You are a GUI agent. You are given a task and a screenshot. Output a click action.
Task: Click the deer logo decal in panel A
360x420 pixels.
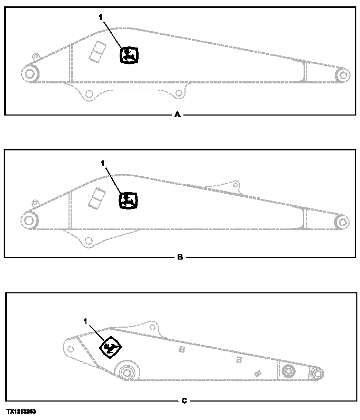tap(129, 55)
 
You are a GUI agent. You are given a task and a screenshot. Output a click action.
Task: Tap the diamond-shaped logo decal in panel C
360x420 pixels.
tap(111, 347)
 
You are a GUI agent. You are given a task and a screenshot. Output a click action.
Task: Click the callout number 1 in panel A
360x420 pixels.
tap(100, 17)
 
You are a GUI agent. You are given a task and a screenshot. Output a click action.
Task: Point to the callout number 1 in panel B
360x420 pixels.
tap(103, 163)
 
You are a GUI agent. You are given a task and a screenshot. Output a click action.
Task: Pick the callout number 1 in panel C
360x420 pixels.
tap(86, 320)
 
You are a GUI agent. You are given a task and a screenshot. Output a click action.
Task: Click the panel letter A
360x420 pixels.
tap(177, 114)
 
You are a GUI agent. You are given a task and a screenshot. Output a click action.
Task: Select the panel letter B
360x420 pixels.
tap(180, 257)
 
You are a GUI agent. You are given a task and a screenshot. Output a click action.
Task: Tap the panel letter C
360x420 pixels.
tap(184, 401)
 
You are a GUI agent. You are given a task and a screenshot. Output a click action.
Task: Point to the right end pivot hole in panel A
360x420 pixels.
tap(343, 75)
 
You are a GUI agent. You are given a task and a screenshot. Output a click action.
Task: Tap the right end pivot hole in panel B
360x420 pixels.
tap(343, 221)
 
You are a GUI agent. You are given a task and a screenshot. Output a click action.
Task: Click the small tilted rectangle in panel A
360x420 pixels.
tap(96, 52)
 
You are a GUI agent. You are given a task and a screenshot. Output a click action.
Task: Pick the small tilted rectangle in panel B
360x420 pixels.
tap(96, 197)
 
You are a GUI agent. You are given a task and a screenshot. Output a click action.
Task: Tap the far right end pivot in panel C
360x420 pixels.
tap(316, 374)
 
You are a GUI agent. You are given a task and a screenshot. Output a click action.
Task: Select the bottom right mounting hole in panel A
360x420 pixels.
tap(179, 93)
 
